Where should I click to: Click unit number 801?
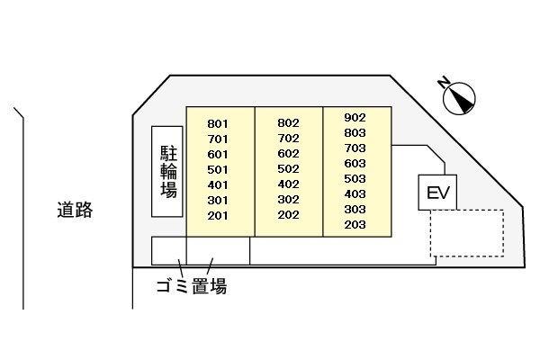[x=218, y=123]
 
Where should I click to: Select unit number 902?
[x=355, y=118]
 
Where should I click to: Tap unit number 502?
[x=288, y=169]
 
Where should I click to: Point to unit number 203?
[x=355, y=225]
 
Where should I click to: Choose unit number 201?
[x=218, y=216]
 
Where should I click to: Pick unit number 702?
[x=288, y=138]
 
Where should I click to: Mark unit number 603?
[x=355, y=163]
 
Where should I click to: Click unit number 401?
[x=218, y=185]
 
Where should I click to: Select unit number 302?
[x=288, y=200]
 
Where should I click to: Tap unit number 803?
[x=355, y=132]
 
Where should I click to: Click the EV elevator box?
[x=437, y=193]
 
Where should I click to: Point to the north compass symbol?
[x=459, y=98]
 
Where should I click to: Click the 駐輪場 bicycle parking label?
[x=168, y=172]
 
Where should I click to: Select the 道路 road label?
[x=75, y=210]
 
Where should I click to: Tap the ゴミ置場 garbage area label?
[x=192, y=286]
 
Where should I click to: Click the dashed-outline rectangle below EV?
[x=467, y=233]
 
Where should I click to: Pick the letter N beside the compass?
[x=444, y=82]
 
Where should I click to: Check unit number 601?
[x=218, y=154]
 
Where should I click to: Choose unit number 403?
[x=355, y=194]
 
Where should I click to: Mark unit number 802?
[x=288, y=123]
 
